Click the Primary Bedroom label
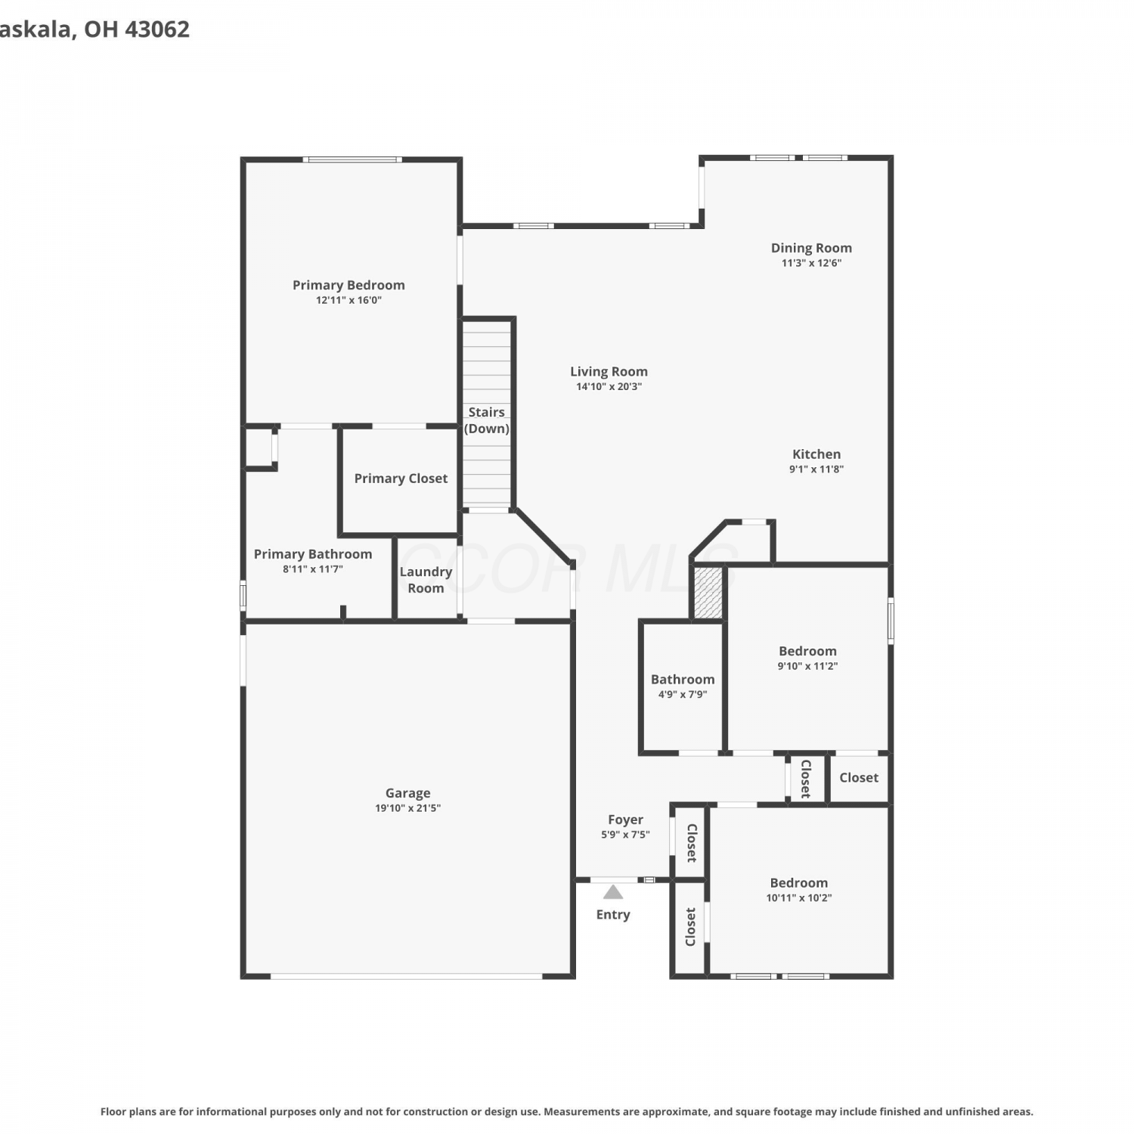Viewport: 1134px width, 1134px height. [x=349, y=285]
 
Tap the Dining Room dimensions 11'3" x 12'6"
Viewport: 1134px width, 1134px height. [x=811, y=263]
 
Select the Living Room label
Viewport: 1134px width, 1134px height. [x=609, y=371]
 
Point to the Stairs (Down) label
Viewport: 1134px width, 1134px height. [x=486, y=420]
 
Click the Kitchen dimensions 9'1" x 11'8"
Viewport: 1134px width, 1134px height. [x=816, y=469]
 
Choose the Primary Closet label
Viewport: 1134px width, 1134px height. [x=401, y=479]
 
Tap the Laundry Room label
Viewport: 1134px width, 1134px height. [x=426, y=580]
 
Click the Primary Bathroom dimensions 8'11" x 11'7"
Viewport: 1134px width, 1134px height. [x=313, y=569]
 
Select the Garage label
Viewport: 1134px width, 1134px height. [x=407, y=793]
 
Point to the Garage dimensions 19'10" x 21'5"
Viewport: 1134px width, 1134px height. [x=407, y=808]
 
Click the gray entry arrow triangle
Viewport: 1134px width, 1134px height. [x=613, y=892]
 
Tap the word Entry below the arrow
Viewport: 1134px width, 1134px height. [x=613, y=915]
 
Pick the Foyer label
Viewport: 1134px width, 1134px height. [x=625, y=820]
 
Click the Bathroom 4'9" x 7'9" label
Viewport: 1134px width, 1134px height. [x=683, y=686]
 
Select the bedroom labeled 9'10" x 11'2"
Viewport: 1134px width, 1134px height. [x=807, y=658]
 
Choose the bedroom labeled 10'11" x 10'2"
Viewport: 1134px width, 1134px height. [x=799, y=890]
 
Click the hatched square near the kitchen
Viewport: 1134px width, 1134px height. [x=708, y=593]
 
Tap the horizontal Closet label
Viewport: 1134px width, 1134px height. [x=859, y=778]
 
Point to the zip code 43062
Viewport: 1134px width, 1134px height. [x=156, y=29]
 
